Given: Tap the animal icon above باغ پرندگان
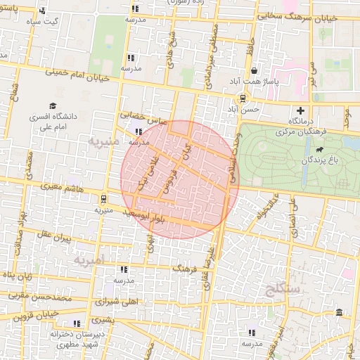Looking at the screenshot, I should [320, 150].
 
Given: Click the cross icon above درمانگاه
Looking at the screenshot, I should [301, 110].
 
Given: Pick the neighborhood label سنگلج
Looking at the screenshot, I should [284, 288].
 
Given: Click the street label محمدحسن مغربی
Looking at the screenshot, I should [41, 297].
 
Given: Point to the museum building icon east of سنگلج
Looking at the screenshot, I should [339, 312].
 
